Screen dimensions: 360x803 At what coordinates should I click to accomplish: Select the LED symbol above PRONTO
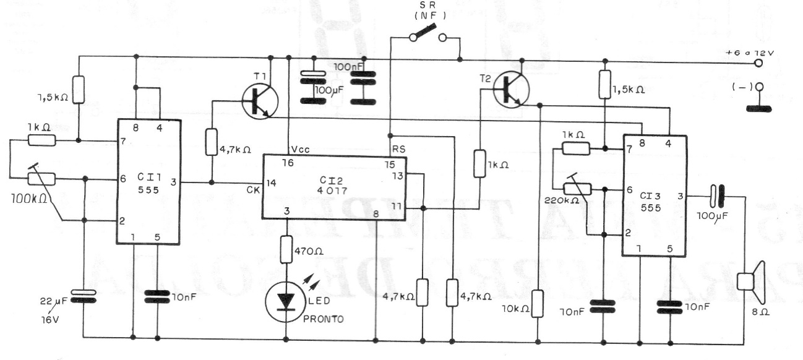click(x=286, y=301)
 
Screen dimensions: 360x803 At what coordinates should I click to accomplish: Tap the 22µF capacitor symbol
click(x=83, y=296)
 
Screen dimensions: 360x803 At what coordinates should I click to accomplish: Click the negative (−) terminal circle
click(x=758, y=88)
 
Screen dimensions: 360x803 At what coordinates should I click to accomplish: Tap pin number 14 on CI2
click(x=270, y=183)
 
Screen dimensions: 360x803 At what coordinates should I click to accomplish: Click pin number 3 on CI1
click(x=174, y=182)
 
